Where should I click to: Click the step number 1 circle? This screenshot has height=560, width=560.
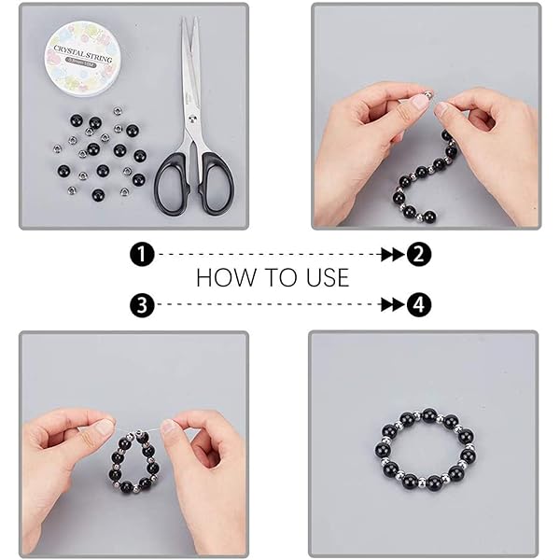[142, 253]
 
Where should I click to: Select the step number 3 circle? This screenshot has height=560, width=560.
[142, 304]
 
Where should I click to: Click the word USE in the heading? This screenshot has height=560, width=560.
[324, 278]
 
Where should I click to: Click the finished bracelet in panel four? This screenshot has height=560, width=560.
[425, 452]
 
